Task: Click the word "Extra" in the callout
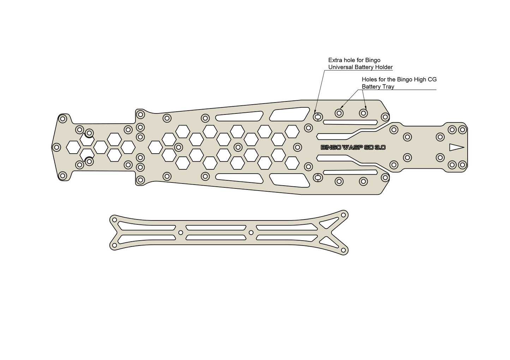(334, 60)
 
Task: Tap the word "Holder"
(384, 67)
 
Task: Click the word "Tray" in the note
(389, 87)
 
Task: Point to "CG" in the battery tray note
(433, 80)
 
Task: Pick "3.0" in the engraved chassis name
(380, 148)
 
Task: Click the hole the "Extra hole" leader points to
(318, 117)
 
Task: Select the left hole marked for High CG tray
(339, 113)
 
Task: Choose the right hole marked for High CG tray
(364, 113)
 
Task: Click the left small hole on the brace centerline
(181, 232)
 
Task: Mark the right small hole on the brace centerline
(251, 232)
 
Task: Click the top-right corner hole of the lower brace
(343, 215)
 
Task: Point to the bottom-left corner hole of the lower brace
(114, 245)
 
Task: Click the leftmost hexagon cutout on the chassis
(73, 147)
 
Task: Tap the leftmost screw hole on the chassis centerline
(56, 147)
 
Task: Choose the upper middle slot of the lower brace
(216, 228)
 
